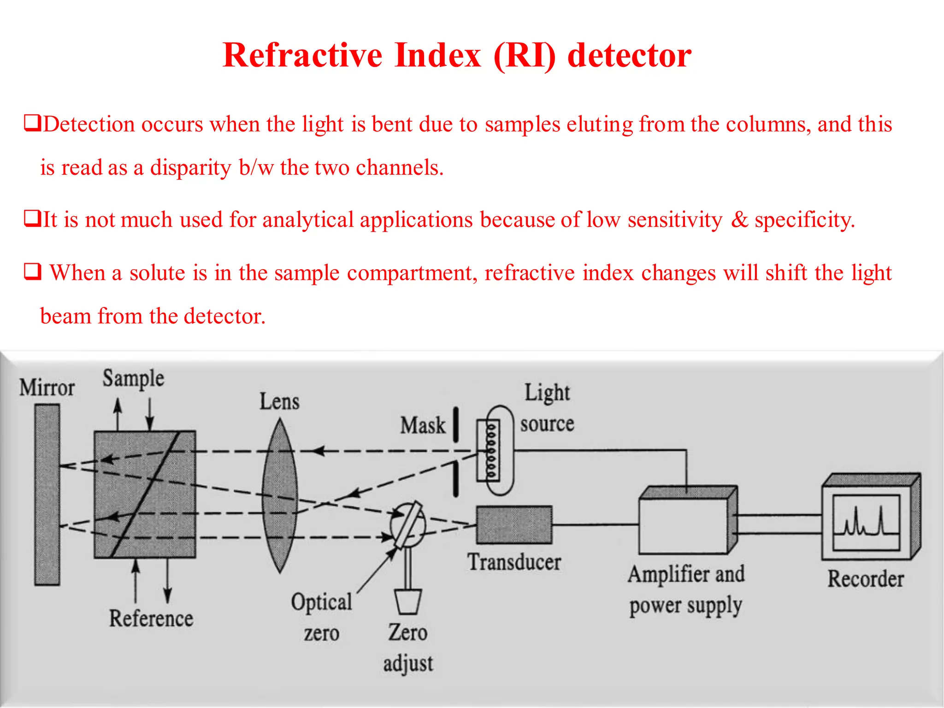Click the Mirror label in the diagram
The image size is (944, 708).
point(47,388)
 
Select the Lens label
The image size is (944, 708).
point(279,401)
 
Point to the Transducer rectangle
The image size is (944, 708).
point(514,525)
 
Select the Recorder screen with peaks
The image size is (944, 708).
point(866,522)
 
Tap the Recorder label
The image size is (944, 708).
point(866,579)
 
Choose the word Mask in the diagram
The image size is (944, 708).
point(423,425)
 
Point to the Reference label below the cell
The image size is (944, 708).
point(151,619)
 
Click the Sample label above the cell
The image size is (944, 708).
point(133,379)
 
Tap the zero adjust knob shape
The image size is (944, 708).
point(408,602)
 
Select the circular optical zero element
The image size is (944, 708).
point(408,525)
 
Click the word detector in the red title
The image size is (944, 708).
point(629,56)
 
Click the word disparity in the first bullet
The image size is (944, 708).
point(190,168)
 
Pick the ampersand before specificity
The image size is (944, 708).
point(739,220)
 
